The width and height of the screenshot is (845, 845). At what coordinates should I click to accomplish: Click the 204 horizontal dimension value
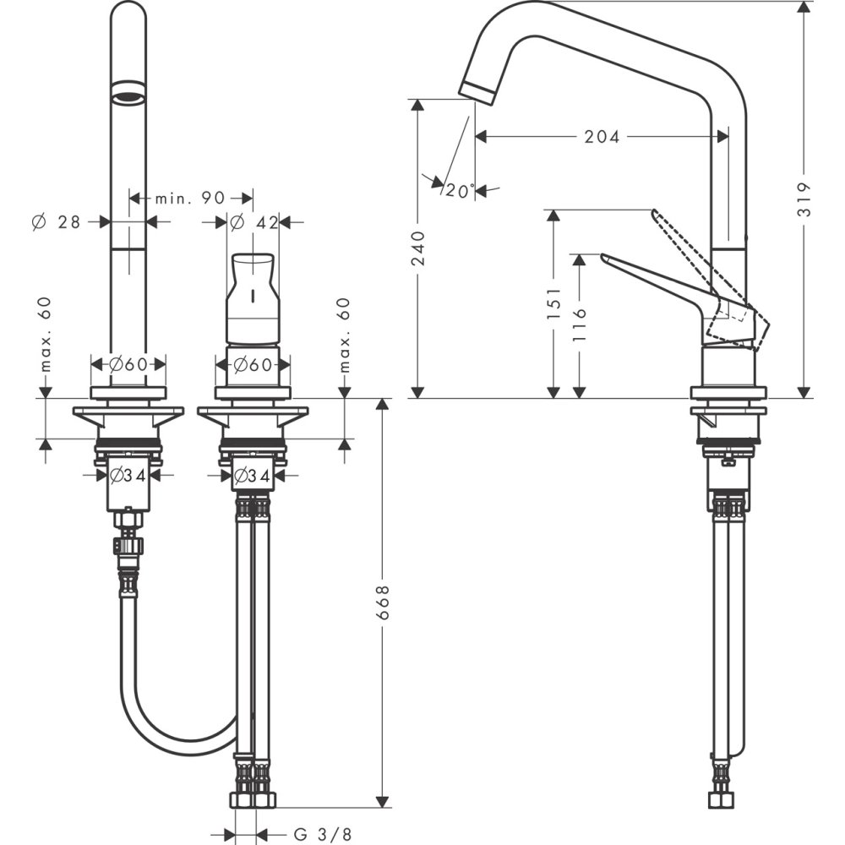click(602, 136)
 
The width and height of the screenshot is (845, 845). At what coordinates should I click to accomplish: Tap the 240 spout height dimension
click(417, 247)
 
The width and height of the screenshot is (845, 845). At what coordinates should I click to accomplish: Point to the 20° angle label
click(459, 192)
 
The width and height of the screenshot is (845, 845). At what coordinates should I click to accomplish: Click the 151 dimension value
click(553, 303)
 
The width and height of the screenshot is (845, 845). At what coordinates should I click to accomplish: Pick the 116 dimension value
click(579, 324)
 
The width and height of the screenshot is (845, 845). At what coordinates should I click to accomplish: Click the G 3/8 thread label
click(322, 834)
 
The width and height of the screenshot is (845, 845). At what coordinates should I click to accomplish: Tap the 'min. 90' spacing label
click(189, 199)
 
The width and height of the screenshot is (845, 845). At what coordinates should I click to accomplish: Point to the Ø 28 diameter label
click(56, 222)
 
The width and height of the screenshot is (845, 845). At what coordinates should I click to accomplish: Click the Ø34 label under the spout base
click(128, 476)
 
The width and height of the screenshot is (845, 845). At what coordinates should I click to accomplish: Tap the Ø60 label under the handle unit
click(253, 365)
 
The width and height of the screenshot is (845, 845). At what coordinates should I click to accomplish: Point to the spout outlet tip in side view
click(475, 91)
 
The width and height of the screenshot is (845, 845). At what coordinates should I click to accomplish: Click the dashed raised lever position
click(693, 258)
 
